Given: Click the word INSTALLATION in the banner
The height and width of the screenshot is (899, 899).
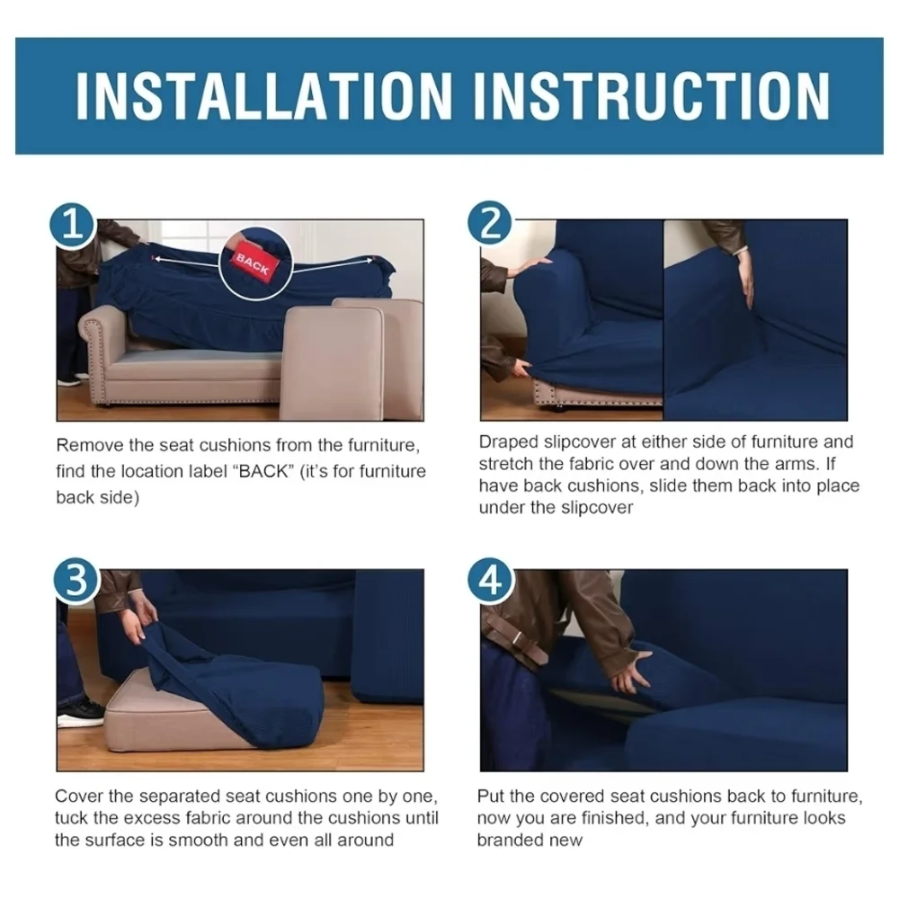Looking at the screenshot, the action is tap(263, 96).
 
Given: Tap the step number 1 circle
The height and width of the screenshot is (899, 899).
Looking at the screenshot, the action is tap(73, 226).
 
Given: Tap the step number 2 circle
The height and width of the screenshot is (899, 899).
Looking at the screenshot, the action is tap(490, 223).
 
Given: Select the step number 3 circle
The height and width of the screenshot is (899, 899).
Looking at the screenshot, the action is tap(76, 580).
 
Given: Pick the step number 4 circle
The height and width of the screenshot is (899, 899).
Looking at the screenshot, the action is tap(491, 580).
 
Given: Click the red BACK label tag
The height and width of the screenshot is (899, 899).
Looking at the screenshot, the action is tap(253, 263).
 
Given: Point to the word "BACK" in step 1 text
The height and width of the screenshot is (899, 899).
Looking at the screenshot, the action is tap(263, 471).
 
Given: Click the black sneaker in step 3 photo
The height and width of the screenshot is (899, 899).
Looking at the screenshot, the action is tap(80, 714).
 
